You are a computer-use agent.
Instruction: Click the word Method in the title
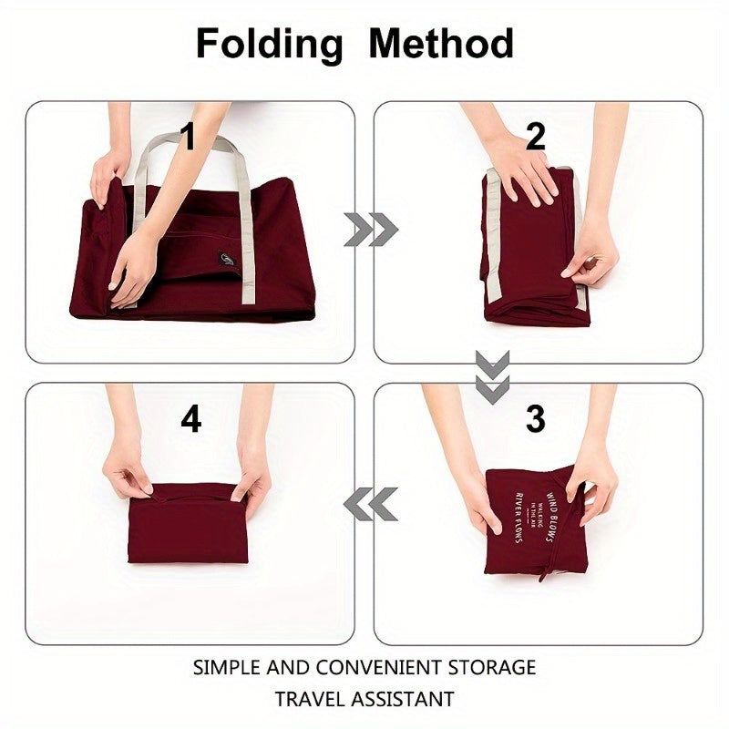coord(440,43)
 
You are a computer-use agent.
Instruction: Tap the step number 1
coord(188,138)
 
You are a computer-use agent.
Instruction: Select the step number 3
coord(535,419)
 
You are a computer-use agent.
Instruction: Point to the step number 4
coord(190,419)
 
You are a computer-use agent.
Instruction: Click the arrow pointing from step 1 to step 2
coord(370,231)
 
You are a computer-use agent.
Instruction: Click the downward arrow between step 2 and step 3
coord(492,376)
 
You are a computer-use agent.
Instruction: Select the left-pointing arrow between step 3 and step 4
coord(371,504)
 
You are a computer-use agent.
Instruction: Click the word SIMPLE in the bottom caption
coord(228,667)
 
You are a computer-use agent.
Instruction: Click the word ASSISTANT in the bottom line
coord(406,700)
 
